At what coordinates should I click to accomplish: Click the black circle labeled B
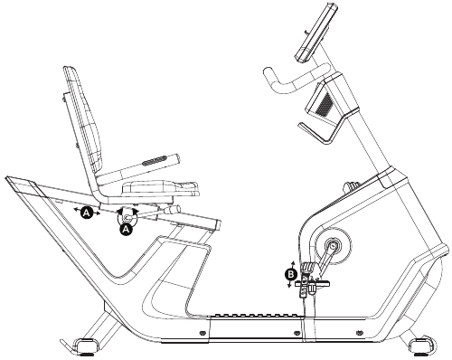[x=291, y=272]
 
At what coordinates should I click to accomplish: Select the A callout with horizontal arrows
[x=87, y=213]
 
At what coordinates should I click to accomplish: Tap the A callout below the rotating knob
[x=126, y=230]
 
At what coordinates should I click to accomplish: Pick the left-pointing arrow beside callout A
[x=76, y=210]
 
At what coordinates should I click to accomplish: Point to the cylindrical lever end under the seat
[x=171, y=214]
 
